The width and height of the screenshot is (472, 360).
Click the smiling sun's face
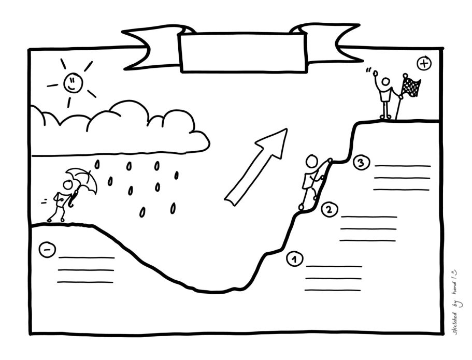pos(73,82)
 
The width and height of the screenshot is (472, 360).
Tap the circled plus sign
pos(424,63)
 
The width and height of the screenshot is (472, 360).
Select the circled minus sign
pos(47,250)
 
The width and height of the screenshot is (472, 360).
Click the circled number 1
pos(295,259)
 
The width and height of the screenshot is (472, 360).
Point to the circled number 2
pos(330,209)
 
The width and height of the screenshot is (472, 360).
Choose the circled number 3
pos(361,163)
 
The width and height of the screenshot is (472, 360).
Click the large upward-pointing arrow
pos(256,167)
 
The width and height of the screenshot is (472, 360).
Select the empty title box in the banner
pos(243,53)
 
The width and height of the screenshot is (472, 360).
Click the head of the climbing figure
pos(312,161)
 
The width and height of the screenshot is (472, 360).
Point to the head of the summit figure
pos(385,82)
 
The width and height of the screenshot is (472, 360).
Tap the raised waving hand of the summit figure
pos(376,73)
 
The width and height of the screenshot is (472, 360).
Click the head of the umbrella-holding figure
pos(67,184)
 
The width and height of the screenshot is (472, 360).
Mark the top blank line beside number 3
pos(403,166)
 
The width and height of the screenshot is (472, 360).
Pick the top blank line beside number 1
pos(334,266)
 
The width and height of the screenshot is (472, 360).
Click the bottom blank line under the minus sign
pos(85,282)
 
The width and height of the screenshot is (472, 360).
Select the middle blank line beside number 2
pos(368,229)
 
